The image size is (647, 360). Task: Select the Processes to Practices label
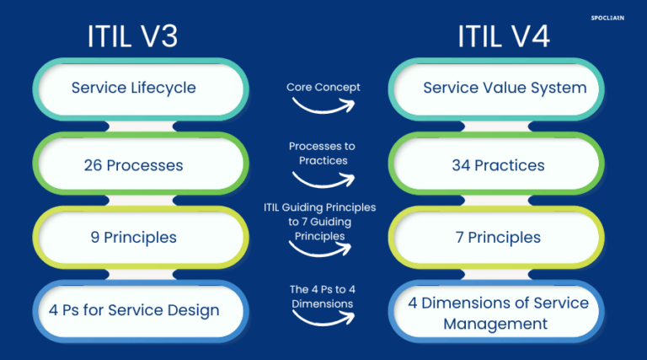[322, 153]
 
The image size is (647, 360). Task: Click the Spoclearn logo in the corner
[607, 15]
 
